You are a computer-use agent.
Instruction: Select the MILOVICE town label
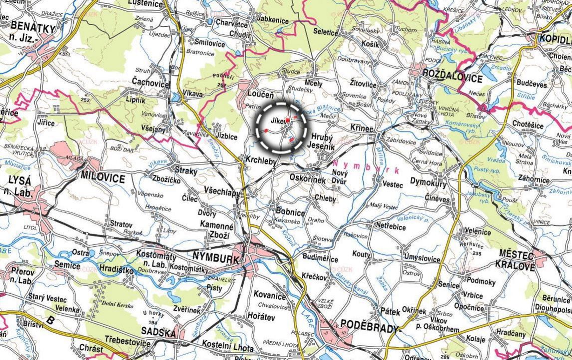point(102,177)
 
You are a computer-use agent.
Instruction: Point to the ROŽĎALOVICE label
point(452,78)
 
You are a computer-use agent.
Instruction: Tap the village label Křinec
point(362,128)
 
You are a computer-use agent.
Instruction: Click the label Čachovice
point(150,84)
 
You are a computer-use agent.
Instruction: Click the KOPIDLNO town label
point(555,37)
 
